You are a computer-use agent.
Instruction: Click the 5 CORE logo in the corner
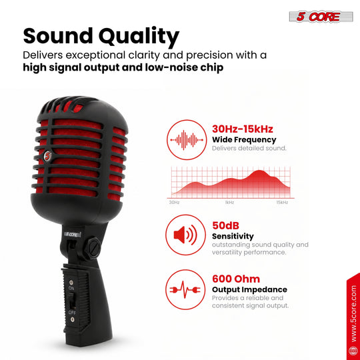321,17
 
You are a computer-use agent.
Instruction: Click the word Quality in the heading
139,37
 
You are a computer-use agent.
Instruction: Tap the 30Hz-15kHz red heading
243,129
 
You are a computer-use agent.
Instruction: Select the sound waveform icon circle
187,139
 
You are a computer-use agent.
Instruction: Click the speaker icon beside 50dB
185,235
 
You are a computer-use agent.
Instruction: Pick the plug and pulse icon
185,290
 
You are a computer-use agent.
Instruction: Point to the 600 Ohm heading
236,279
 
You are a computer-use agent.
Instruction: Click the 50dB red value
225,225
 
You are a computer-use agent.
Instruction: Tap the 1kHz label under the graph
229,202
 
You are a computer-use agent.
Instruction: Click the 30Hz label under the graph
174,202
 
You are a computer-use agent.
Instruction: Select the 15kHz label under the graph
282,202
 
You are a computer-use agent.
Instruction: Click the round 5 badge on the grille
48,156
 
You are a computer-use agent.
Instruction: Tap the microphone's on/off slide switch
72,300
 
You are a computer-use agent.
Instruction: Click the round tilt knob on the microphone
92,248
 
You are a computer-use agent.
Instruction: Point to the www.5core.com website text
354,313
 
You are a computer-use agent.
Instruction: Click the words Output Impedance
249,289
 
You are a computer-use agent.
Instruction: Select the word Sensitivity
233,236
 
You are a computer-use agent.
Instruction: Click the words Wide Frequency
244,139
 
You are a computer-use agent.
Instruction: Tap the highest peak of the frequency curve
259,171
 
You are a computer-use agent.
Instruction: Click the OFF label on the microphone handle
72,313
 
